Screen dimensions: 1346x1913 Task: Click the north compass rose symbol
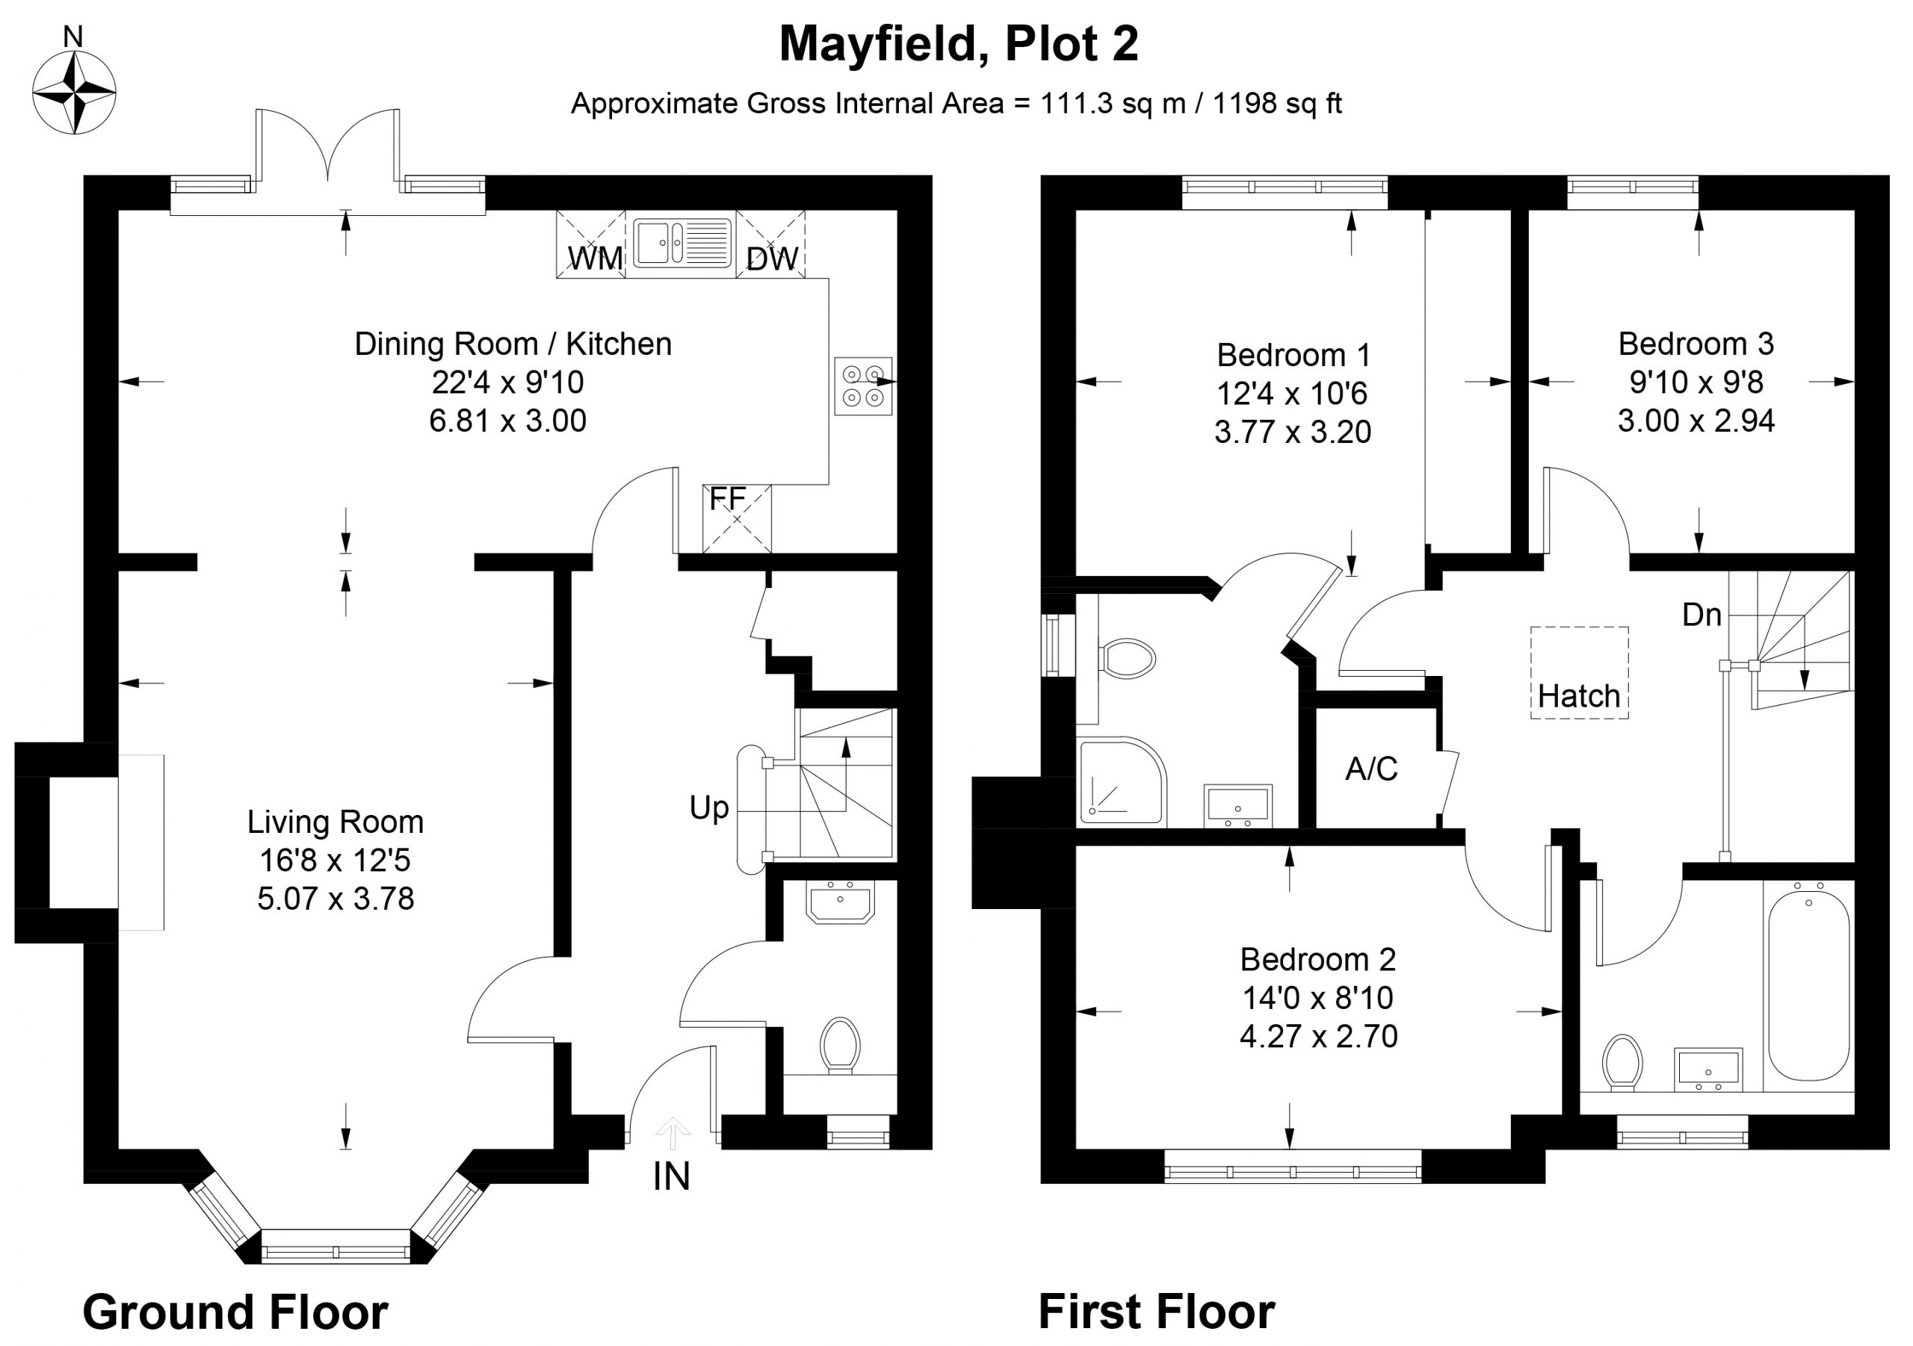73,92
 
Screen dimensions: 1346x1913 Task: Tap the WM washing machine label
595,258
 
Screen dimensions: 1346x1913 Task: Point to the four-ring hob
863,385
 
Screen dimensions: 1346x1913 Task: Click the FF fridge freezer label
727,499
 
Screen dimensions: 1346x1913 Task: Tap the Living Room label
335,822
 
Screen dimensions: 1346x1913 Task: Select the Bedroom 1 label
1293,355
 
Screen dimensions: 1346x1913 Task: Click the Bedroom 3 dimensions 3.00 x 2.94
1696,420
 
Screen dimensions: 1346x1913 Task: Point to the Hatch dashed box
1579,673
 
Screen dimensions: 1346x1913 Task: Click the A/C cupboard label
1371,769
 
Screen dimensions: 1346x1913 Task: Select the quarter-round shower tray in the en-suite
1121,781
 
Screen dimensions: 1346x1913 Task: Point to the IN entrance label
672,1176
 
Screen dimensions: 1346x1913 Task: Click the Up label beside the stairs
709,807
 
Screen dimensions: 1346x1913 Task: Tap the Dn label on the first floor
1702,615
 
